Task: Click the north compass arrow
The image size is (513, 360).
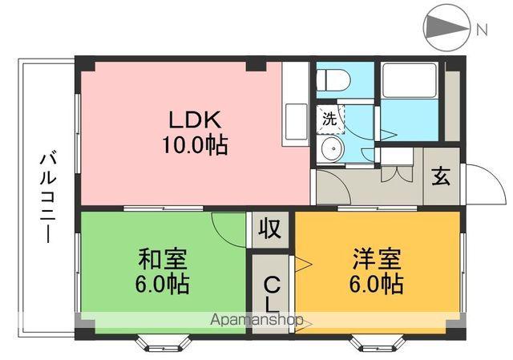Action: point(446,30)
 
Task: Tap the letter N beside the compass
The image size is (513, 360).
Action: point(482,30)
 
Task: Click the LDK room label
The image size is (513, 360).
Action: point(194,121)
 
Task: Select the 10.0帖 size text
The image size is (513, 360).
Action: point(194,146)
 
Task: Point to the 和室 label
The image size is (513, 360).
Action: point(163,259)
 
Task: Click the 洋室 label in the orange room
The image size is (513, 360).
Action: point(375,259)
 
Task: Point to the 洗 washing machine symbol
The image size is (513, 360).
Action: point(329,119)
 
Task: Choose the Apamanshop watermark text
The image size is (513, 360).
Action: point(256,320)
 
